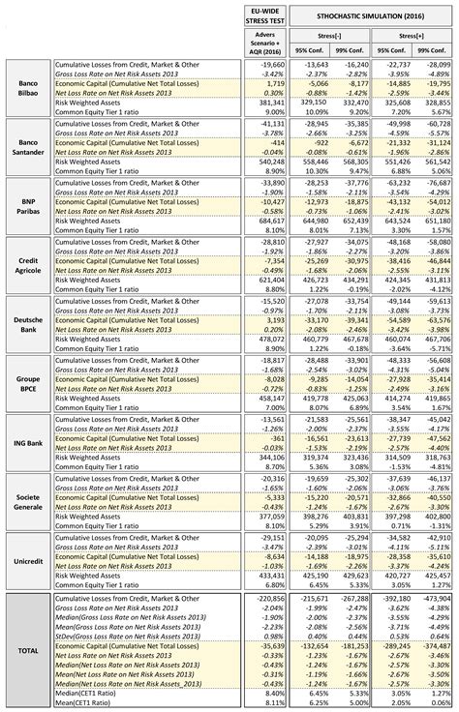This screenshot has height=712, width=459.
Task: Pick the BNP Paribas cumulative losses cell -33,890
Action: coord(272,180)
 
